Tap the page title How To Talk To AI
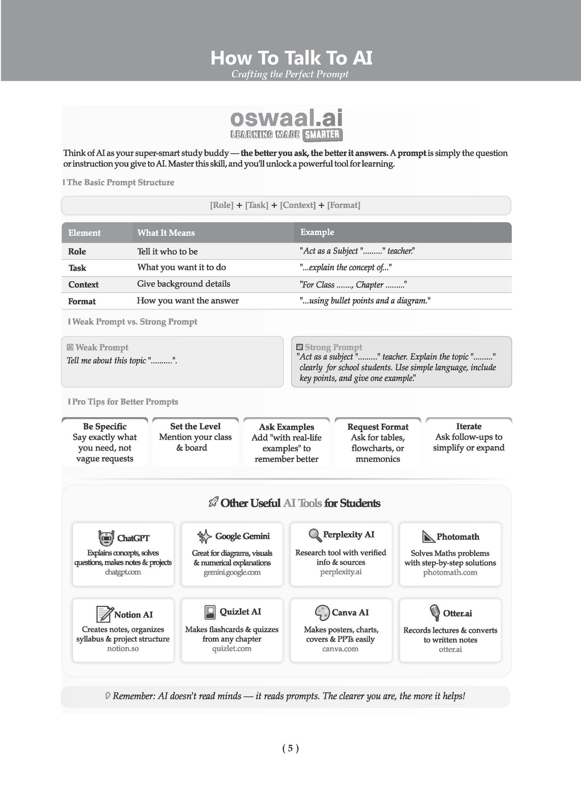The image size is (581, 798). tap(291, 58)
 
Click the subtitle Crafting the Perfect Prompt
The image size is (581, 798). tap(290, 74)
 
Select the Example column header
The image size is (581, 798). tap(317, 232)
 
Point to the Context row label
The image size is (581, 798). tap(83, 285)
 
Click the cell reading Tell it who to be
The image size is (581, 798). tap(167, 251)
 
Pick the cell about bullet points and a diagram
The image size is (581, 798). tap(365, 301)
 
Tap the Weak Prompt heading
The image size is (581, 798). tap(102, 347)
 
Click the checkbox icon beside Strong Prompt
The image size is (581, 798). tap(300, 347)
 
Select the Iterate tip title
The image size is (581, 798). tap(469, 426)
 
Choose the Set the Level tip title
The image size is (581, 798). tap(195, 426)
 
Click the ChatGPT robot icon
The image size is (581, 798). tap(106, 538)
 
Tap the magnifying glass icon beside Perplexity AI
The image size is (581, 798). tap(315, 535)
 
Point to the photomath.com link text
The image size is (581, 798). tap(450, 572)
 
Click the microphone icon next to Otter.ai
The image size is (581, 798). tap(435, 613)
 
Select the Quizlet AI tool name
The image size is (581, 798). tap(240, 612)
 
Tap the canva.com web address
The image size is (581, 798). tap(340, 649)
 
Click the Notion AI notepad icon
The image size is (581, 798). tap(104, 614)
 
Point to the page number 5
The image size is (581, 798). tap(290, 748)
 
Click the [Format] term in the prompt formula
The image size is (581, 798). tap(344, 205)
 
